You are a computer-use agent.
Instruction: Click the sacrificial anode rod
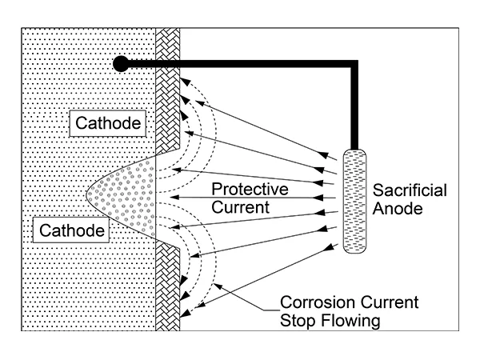(x=354, y=201)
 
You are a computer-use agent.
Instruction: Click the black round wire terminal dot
(x=121, y=62)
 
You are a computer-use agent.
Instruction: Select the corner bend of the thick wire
(x=353, y=63)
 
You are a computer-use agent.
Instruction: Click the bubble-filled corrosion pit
(x=128, y=194)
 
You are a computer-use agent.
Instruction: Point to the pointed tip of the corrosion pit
(x=86, y=194)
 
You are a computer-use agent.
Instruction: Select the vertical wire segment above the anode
(x=353, y=104)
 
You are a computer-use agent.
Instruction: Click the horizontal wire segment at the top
(x=240, y=63)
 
